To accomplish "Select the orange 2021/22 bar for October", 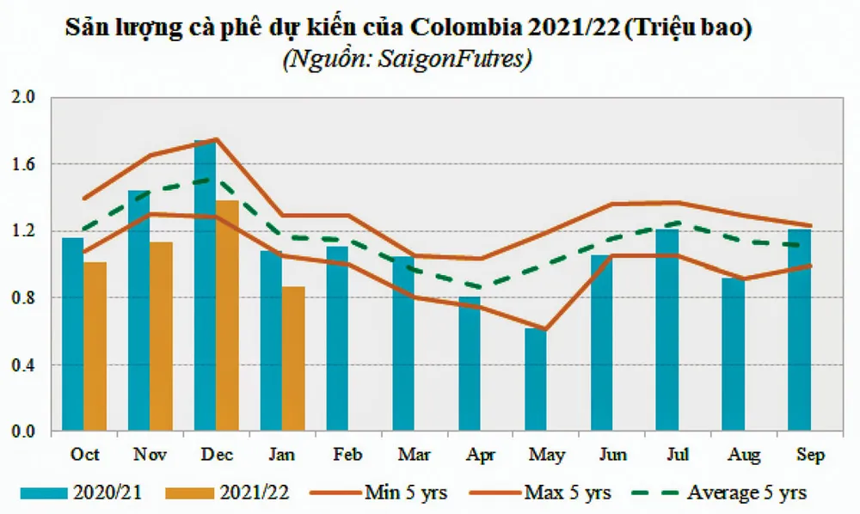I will pyautogui.click(x=95, y=347).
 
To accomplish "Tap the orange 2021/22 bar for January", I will pyautogui.click(x=293, y=359).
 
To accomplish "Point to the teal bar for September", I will pyautogui.click(x=799, y=331).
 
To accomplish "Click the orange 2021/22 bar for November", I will pyautogui.click(x=161, y=337).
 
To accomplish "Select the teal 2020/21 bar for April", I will pyautogui.click(x=470, y=364).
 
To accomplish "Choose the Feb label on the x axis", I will pyautogui.click(x=337, y=454).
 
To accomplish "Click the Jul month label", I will pyautogui.click(x=667, y=454).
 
